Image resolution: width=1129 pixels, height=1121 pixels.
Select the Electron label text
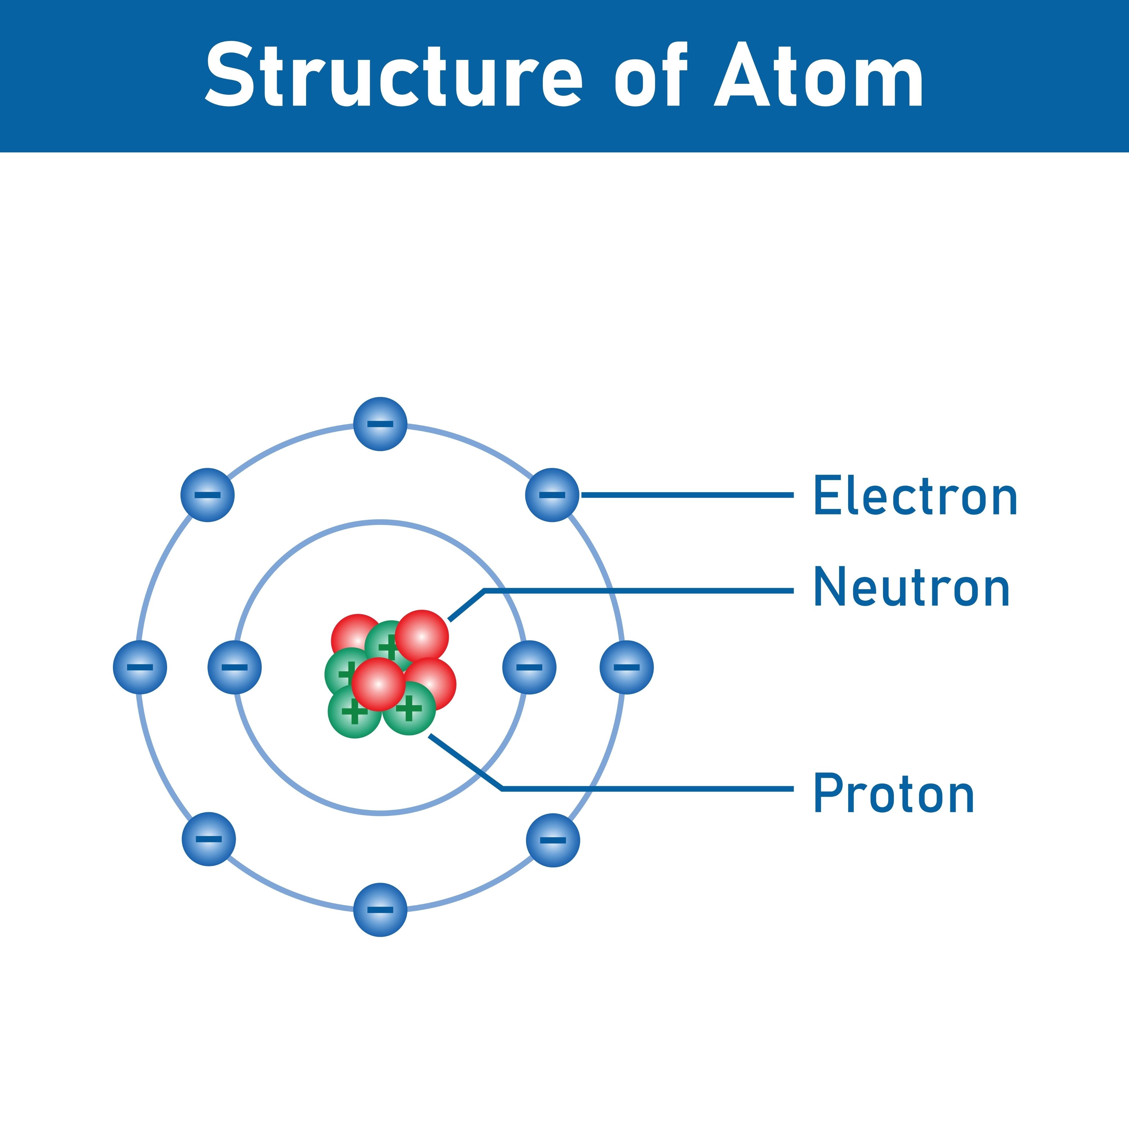click(915, 496)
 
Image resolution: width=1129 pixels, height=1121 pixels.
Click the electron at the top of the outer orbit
click(380, 424)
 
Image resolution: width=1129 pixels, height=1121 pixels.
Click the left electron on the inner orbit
click(234, 667)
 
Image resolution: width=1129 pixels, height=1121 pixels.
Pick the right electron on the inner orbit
click(529, 667)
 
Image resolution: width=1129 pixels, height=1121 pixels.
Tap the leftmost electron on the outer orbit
click(140, 667)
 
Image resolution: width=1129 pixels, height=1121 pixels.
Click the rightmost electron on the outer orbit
click(626, 667)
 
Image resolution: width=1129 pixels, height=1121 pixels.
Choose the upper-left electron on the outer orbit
click(208, 495)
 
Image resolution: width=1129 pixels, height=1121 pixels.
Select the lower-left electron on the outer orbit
click(209, 839)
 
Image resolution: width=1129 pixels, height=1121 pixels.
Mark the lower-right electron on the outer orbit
click(553, 840)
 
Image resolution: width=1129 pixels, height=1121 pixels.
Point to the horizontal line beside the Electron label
click(687, 495)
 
